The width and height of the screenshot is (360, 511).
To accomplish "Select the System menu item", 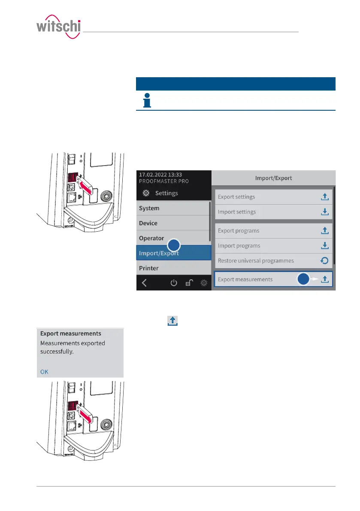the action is pyautogui.click(x=149, y=208).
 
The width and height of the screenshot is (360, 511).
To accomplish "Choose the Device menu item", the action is pyautogui.click(x=148, y=223).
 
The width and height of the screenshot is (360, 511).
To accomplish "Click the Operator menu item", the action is pyautogui.click(x=151, y=238).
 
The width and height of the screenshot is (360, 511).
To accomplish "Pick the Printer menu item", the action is pyautogui.click(x=149, y=268).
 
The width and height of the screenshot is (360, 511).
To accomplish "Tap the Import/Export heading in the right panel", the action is pyautogui.click(x=273, y=178).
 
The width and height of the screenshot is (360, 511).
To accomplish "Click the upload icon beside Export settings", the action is pyautogui.click(x=325, y=197).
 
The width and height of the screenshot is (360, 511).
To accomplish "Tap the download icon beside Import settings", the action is pyautogui.click(x=325, y=212).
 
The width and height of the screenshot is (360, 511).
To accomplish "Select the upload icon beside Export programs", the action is pyautogui.click(x=325, y=231).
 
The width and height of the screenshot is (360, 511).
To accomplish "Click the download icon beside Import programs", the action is pyautogui.click(x=325, y=245).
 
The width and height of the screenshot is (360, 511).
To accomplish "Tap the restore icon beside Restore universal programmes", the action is pyautogui.click(x=325, y=260).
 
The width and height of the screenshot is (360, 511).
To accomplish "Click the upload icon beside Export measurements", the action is pyautogui.click(x=325, y=279).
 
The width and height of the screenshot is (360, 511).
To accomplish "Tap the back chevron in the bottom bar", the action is pyautogui.click(x=144, y=283).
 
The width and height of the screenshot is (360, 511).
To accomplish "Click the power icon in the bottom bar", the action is pyautogui.click(x=174, y=283).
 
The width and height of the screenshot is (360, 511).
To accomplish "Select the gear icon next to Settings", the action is pyautogui.click(x=146, y=193).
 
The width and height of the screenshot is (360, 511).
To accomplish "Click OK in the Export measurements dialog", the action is pyautogui.click(x=44, y=372).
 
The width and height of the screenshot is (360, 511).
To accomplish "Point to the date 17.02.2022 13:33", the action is pyautogui.click(x=160, y=175).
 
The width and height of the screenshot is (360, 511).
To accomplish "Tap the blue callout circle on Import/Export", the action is pyautogui.click(x=173, y=245).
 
